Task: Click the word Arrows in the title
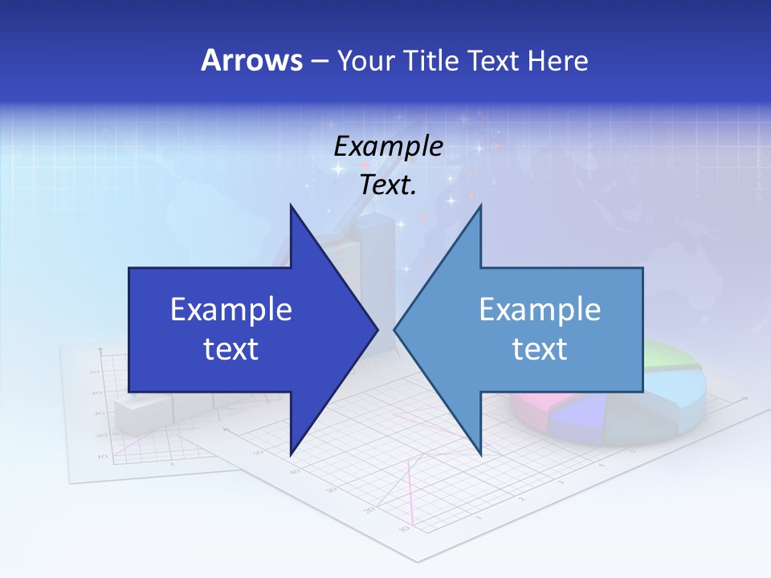pos(251,60)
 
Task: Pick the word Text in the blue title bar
pos(493,60)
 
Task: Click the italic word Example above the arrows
pos(388,146)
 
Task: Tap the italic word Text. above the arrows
pos(388,185)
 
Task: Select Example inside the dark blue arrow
pos(231,309)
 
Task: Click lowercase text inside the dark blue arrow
pos(231,348)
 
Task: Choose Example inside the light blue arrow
pos(540,309)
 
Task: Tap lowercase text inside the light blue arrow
pos(540,348)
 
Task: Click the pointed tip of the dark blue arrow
pos(377,329)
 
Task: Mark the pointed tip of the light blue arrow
pos(395,329)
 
